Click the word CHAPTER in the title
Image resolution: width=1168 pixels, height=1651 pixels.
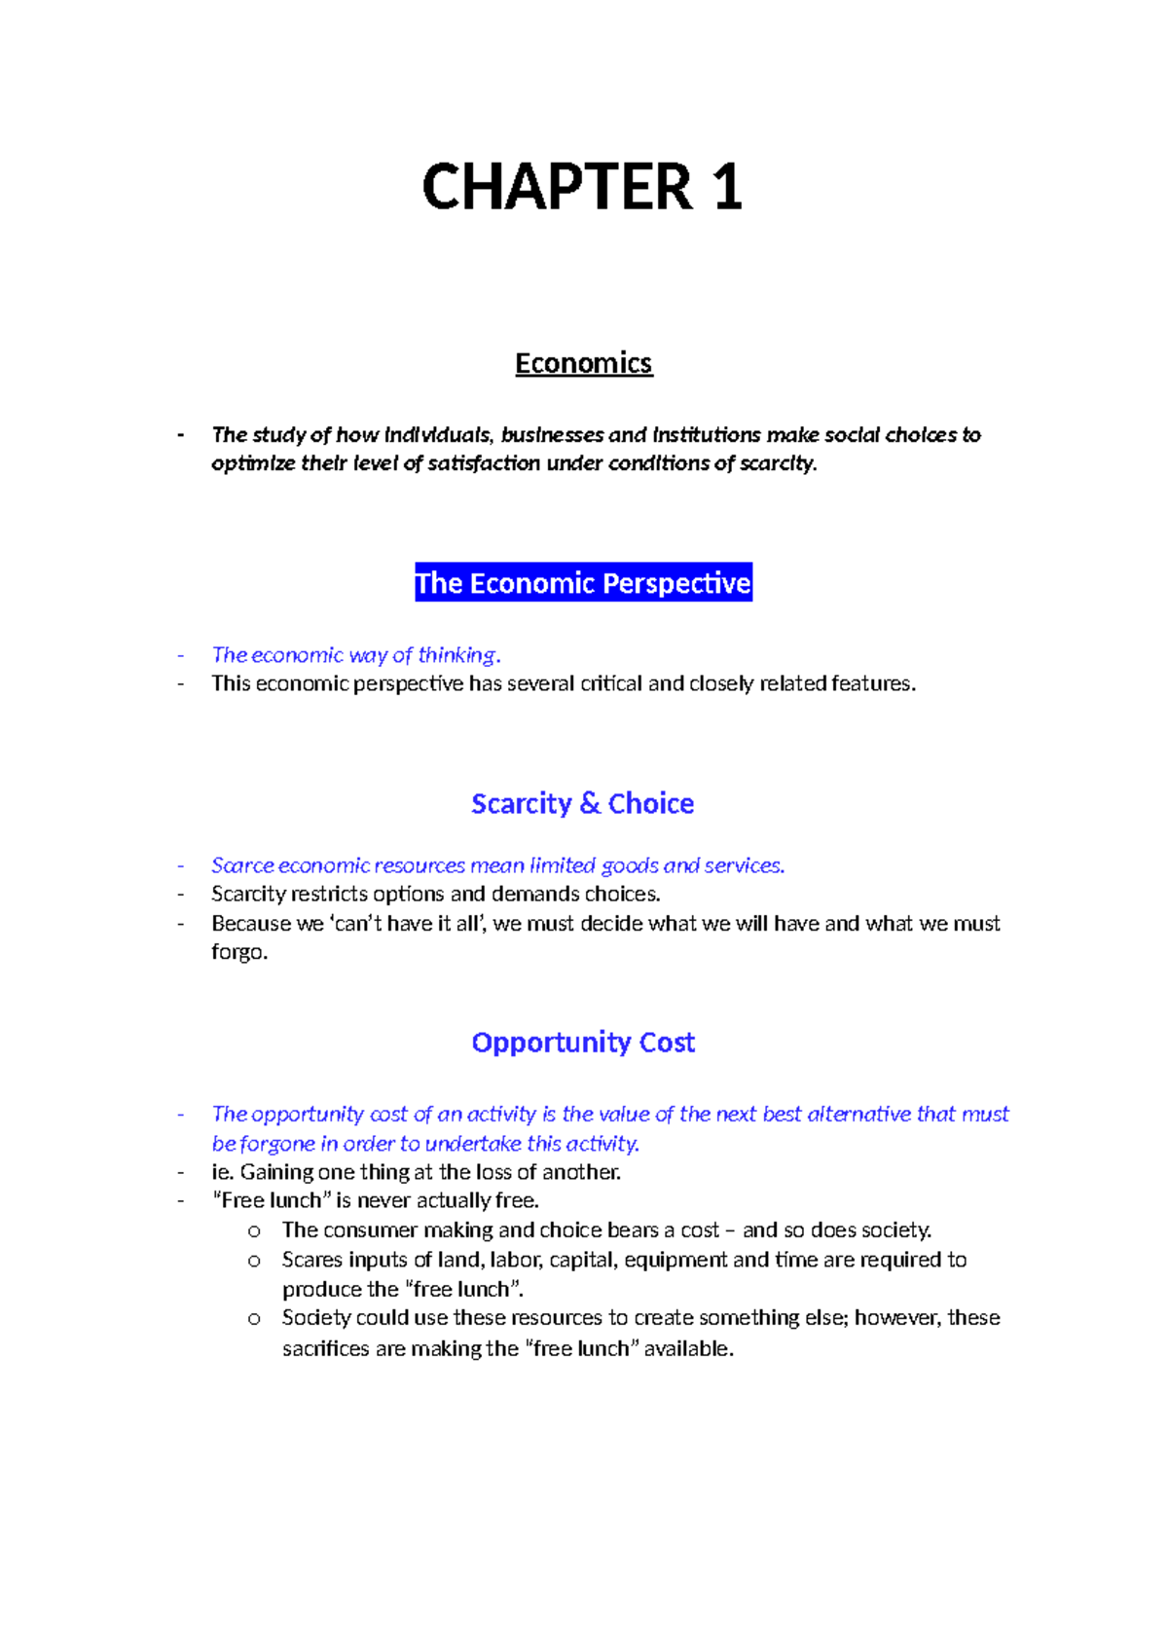(x=557, y=187)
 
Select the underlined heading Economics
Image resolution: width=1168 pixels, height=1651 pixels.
(x=583, y=363)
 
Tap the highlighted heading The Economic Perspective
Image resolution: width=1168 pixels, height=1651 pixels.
(x=583, y=583)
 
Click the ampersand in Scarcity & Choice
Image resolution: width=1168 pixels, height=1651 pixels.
(x=590, y=804)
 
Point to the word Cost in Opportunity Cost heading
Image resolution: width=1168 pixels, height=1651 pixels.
(x=667, y=1043)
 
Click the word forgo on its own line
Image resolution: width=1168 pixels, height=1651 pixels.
(x=237, y=953)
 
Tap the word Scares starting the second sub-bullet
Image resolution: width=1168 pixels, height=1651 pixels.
(x=311, y=1260)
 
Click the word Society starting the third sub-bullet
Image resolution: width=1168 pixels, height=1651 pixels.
(x=315, y=1318)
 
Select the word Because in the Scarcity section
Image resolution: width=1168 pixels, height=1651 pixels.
(x=252, y=924)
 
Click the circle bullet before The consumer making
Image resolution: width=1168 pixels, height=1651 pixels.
(x=254, y=1231)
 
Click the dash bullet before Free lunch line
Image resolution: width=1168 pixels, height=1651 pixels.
(x=181, y=1201)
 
